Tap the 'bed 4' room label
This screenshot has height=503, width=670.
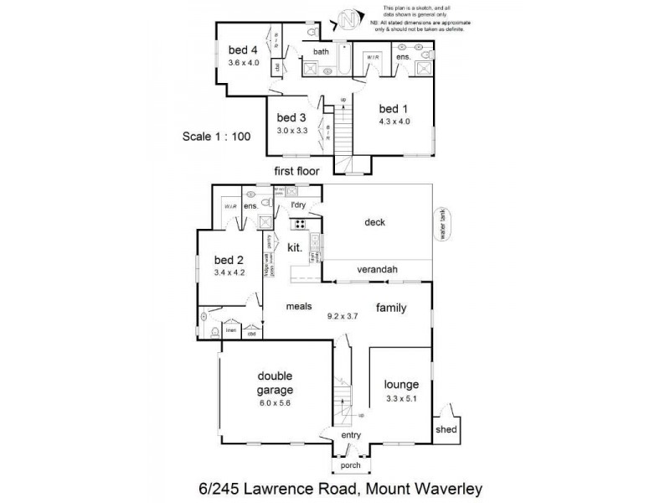click(x=244, y=49)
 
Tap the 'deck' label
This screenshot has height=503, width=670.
click(x=374, y=222)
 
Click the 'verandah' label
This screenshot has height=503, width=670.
click(x=376, y=269)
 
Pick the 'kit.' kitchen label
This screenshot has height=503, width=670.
click(x=295, y=249)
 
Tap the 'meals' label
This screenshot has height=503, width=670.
click(x=298, y=307)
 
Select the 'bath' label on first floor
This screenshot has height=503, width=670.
click(x=321, y=52)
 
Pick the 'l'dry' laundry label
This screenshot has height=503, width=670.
click(x=298, y=205)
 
